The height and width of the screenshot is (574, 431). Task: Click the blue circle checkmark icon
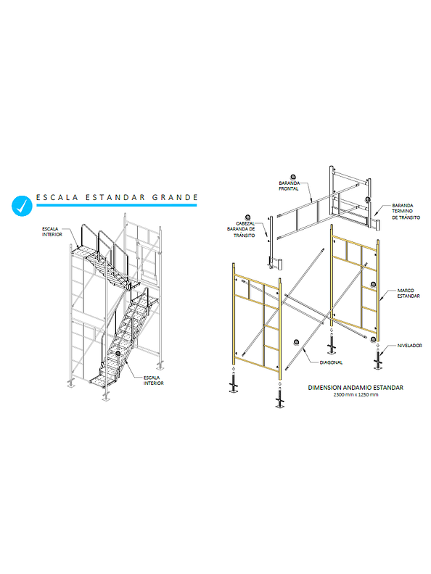[x=22, y=205]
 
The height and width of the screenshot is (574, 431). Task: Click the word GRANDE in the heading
[x=175, y=197]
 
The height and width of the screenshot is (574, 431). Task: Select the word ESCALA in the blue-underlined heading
[x=57, y=197]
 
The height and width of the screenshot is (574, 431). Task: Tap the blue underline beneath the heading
[x=117, y=205]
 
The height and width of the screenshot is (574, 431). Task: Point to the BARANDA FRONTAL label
[x=290, y=186]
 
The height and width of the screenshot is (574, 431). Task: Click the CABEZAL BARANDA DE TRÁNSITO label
[x=242, y=230]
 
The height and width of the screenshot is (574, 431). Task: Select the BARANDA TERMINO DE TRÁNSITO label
[x=406, y=212]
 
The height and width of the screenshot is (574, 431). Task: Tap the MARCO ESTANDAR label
[x=409, y=294]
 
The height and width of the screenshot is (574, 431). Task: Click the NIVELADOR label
[x=409, y=346]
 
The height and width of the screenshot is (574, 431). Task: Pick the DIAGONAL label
[x=331, y=362]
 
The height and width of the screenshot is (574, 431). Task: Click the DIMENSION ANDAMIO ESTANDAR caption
[x=356, y=387]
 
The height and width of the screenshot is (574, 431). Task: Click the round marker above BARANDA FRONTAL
[x=293, y=177]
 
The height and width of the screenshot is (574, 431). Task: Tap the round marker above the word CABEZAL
[x=248, y=218]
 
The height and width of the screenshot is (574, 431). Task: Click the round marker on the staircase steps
[x=118, y=353]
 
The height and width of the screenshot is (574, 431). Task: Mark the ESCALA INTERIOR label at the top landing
[x=52, y=232]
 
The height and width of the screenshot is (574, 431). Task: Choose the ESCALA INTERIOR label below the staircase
[x=154, y=380]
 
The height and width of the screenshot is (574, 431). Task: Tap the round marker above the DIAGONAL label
[x=297, y=342]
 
